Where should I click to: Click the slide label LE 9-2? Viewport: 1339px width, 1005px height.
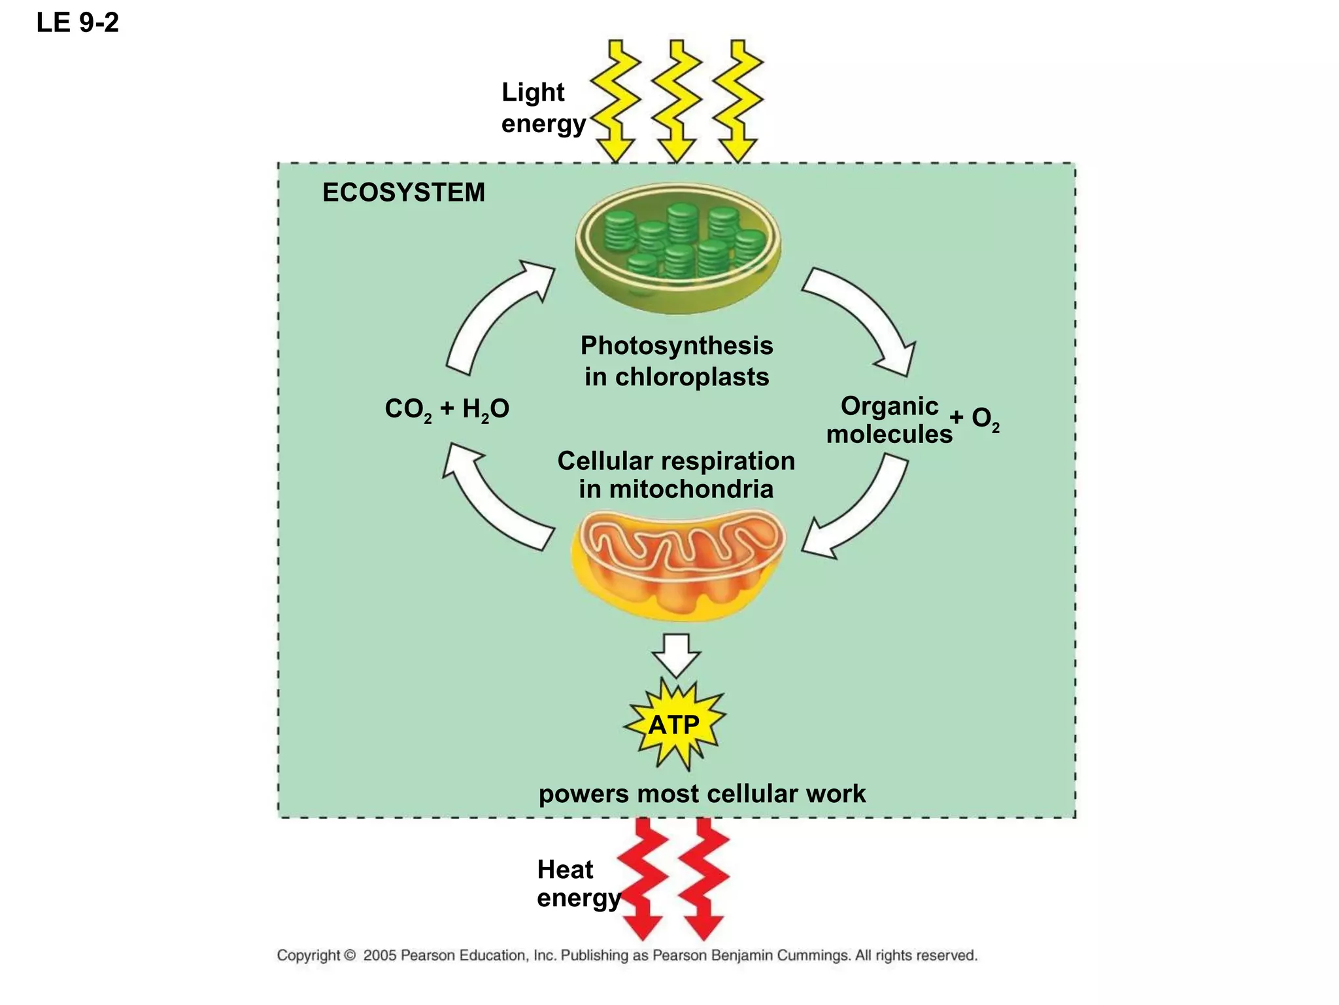pos(77,23)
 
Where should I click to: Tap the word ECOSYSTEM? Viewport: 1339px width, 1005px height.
pos(403,192)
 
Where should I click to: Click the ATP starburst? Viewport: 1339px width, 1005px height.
pos(674,725)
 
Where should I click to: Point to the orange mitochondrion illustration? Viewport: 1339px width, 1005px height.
pos(677,564)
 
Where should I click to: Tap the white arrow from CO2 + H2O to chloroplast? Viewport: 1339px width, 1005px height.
pos(490,314)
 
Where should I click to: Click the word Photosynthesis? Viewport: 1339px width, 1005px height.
pos(677,345)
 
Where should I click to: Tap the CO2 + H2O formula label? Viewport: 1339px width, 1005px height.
pos(447,410)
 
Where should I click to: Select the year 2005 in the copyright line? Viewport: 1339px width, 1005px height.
pos(380,955)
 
